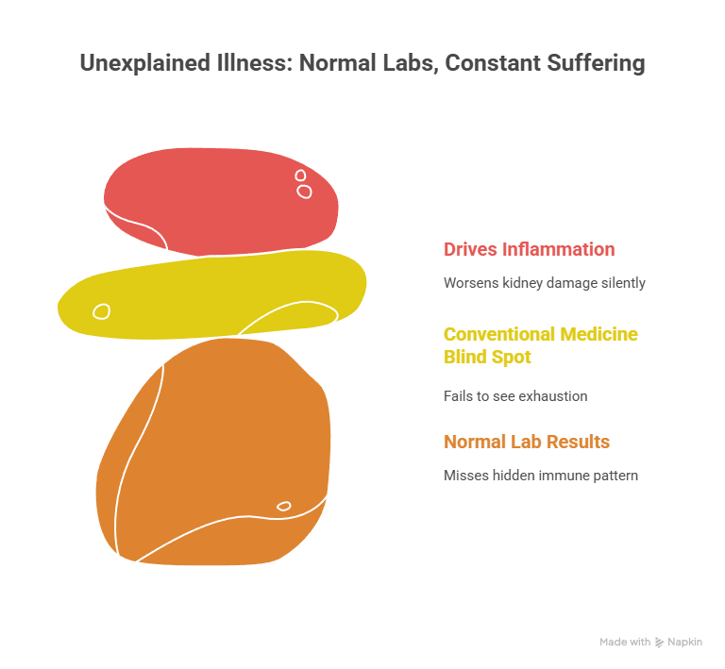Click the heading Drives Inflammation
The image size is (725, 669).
[529, 250]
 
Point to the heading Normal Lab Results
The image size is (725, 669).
[526, 442]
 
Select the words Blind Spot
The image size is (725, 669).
[486, 357]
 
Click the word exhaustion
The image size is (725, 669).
[552, 396]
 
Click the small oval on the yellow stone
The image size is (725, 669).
[101, 310]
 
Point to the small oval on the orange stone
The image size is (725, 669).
[283, 507]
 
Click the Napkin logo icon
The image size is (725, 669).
[659, 643]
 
